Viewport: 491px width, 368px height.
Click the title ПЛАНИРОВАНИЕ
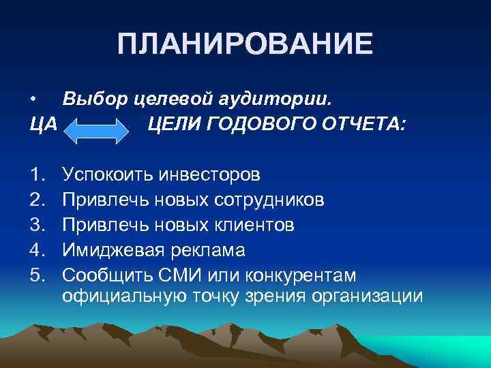coord(245,44)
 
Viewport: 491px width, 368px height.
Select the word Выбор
coord(93,100)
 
